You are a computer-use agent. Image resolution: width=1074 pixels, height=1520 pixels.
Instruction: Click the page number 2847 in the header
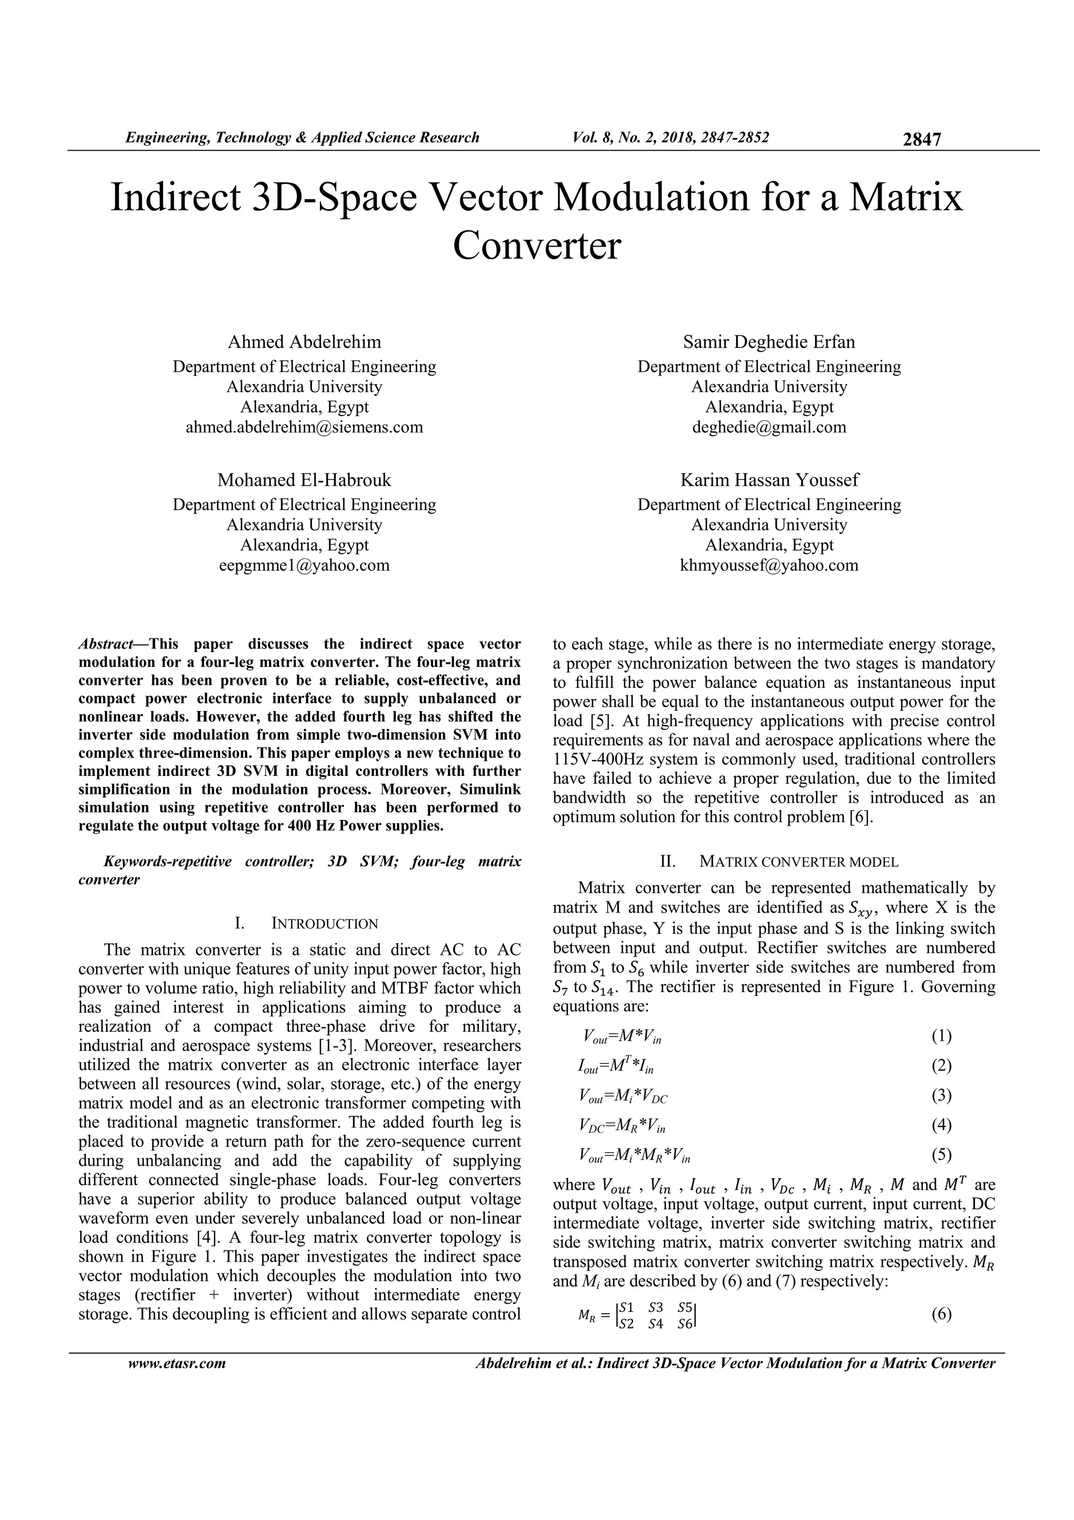[x=921, y=139]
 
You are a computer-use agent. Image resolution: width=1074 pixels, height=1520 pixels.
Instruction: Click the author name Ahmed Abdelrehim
[x=304, y=342]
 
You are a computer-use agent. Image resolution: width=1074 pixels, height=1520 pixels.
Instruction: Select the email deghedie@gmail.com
[x=769, y=427]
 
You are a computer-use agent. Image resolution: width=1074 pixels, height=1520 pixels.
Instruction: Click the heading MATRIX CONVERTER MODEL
[x=798, y=862]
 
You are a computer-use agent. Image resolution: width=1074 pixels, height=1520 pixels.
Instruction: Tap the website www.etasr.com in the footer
[x=177, y=1363]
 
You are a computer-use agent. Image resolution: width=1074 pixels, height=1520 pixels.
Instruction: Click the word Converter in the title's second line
[x=536, y=246]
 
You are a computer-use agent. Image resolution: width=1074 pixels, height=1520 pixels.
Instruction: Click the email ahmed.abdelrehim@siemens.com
[x=304, y=427]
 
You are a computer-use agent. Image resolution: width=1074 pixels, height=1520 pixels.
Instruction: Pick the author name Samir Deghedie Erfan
[x=769, y=342]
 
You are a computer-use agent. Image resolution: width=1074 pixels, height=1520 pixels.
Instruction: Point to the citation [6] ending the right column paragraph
[x=861, y=817]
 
